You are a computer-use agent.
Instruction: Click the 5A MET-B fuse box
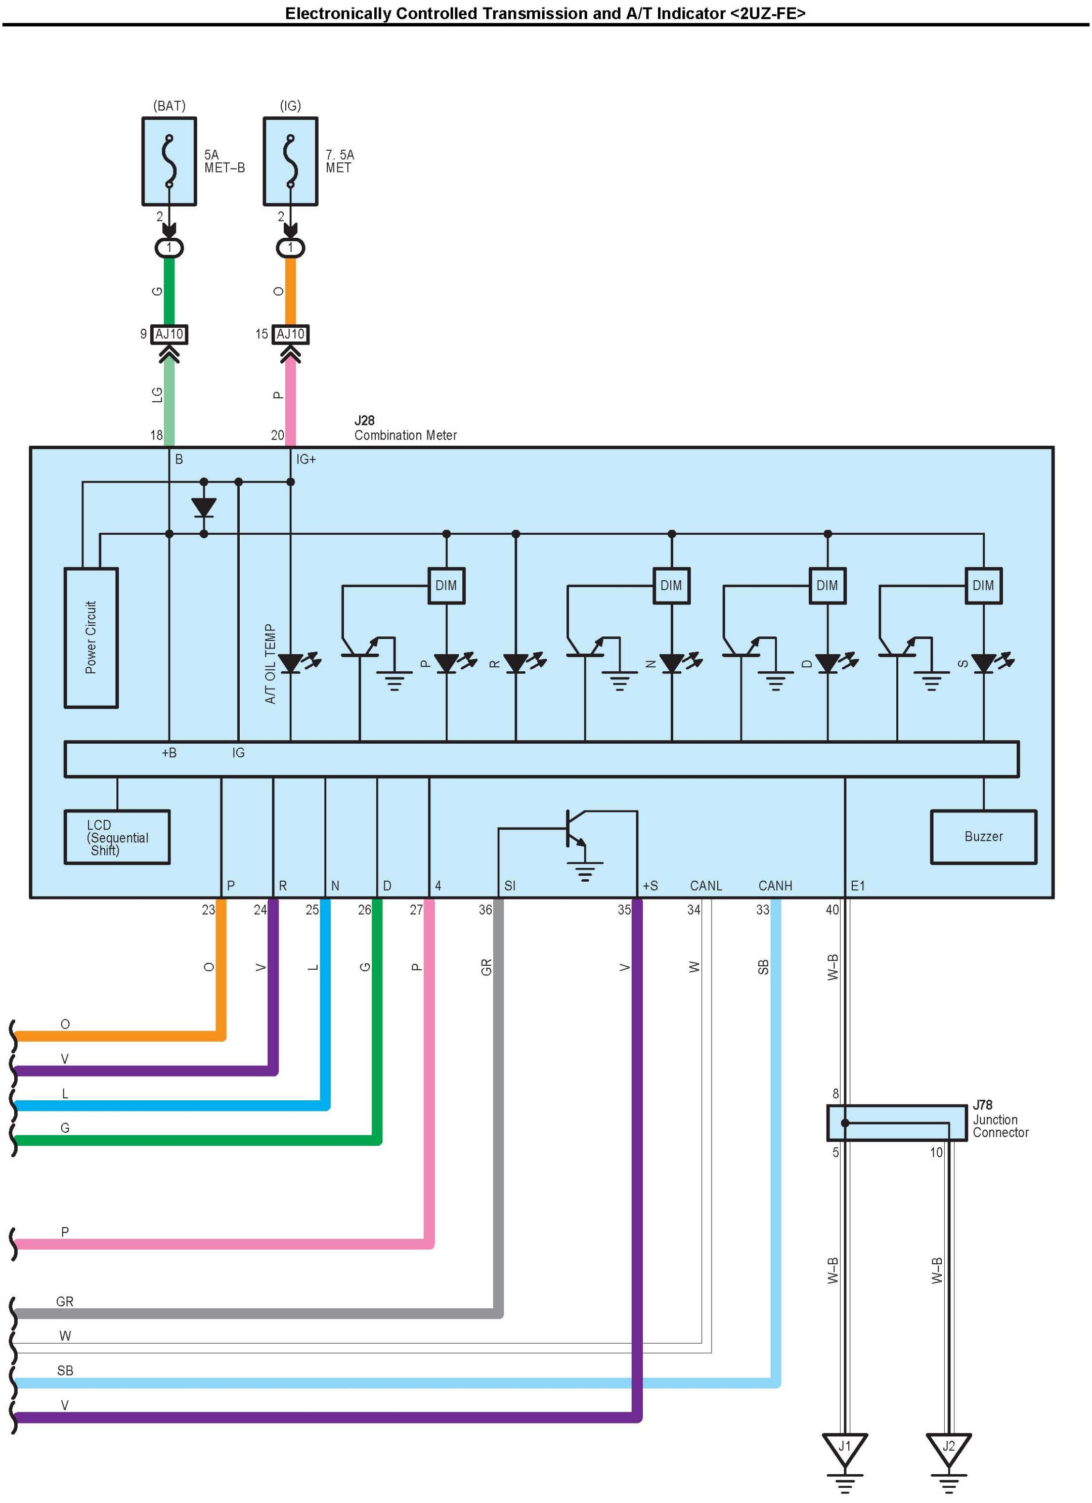(x=169, y=162)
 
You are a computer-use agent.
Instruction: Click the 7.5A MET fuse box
(x=290, y=162)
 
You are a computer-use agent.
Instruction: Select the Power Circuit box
(x=91, y=637)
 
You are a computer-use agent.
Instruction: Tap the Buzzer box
(x=983, y=836)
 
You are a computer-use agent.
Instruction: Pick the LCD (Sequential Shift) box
(x=117, y=837)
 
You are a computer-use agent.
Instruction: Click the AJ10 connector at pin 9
(x=169, y=334)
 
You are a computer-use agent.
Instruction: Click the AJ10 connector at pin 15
(x=290, y=334)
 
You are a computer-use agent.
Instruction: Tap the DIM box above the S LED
(x=983, y=585)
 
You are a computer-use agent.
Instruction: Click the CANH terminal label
(x=774, y=886)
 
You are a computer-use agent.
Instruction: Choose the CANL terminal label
(x=706, y=886)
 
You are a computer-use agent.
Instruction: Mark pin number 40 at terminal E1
(x=832, y=910)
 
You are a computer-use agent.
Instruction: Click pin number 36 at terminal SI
(x=485, y=910)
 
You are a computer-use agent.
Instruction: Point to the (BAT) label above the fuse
(x=169, y=105)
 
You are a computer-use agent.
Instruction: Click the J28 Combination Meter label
(x=405, y=428)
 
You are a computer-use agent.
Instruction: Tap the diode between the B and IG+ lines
(x=203, y=507)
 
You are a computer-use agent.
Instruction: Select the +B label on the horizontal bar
(x=169, y=753)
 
